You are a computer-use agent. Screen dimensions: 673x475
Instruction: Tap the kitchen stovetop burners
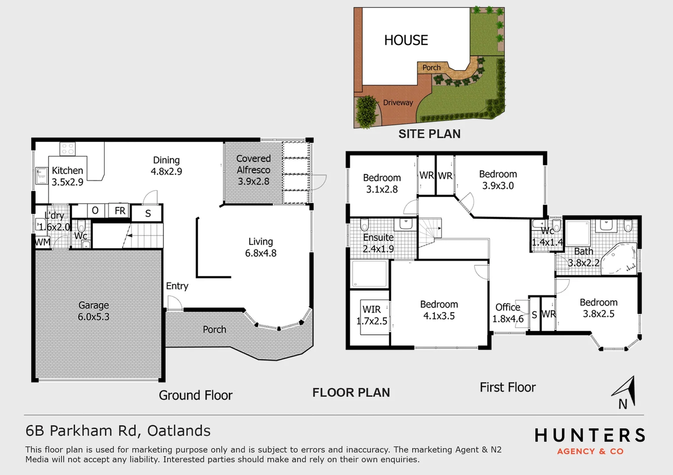(x=67, y=149)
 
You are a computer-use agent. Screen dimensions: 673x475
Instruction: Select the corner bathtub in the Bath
(x=619, y=259)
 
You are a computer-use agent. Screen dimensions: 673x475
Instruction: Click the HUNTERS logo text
(x=590, y=435)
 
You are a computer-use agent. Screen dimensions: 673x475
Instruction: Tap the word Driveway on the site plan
(x=398, y=102)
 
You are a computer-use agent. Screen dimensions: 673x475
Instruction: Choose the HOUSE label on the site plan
(x=406, y=40)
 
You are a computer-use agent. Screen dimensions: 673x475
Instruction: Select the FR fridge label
(x=120, y=211)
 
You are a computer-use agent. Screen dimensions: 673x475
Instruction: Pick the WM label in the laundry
(x=42, y=242)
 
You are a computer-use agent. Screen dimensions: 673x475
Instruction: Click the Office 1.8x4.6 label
(x=508, y=313)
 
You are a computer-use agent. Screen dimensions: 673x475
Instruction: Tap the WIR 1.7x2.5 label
(x=372, y=315)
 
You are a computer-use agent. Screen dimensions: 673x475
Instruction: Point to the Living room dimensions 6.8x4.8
(x=260, y=253)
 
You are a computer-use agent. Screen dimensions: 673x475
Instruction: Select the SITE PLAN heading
(x=429, y=134)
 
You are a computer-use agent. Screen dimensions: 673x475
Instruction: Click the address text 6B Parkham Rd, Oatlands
(x=118, y=431)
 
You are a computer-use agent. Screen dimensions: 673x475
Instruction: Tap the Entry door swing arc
(x=175, y=302)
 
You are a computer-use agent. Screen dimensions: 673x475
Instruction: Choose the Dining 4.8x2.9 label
(x=166, y=166)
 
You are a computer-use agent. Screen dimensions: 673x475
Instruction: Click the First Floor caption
(x=507, y=387)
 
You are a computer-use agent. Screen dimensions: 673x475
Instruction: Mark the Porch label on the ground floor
(x=214, y=329)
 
